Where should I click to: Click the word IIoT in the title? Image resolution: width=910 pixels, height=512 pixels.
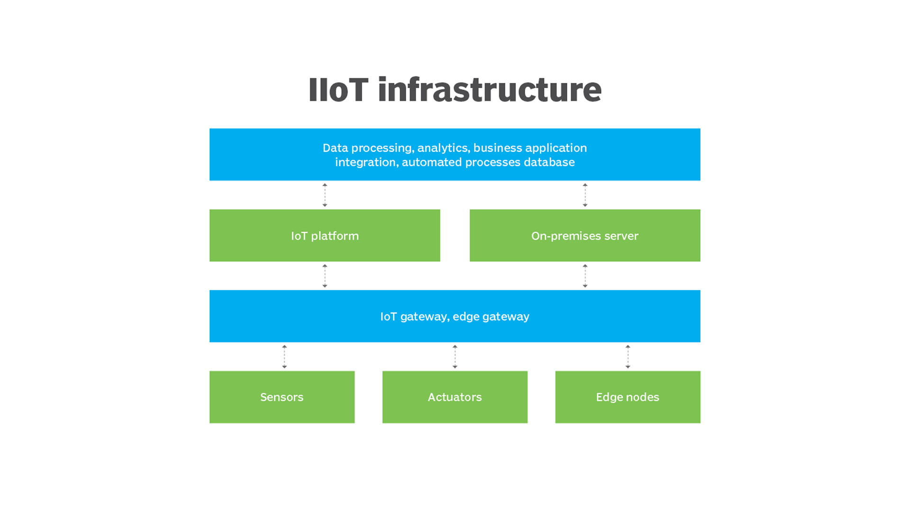coord(338,90)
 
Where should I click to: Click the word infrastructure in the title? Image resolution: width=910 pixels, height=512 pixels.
coord(490,90)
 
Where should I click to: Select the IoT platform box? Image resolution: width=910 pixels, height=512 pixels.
coord(325,236)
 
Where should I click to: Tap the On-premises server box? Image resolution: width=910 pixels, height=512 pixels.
coord(585,236)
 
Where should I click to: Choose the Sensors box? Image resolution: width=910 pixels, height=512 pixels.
coord(282,397)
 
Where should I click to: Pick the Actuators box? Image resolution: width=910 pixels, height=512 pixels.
coord(455,397)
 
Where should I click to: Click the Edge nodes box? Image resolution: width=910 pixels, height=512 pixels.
coord(628,397)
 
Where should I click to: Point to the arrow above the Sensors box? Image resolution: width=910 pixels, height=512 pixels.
coord(284,357)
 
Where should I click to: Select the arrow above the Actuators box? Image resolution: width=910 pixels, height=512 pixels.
coord(455,357)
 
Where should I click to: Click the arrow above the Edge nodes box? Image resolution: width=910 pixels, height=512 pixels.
coord(628,357)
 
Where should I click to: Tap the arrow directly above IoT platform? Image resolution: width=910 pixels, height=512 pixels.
coord(325,195)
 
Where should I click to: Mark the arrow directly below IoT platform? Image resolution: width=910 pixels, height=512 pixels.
coord(325,276)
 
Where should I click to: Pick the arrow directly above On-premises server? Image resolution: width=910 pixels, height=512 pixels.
coord(585,195)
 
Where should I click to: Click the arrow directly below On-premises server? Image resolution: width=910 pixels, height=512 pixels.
coord(585,276)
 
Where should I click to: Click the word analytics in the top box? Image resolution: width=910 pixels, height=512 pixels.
coord(444,148)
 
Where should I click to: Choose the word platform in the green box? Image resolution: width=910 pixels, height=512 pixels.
coord(335,236)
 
